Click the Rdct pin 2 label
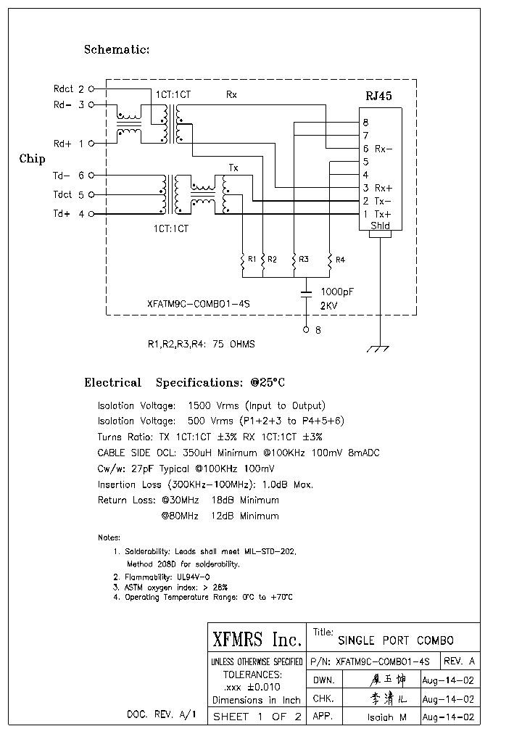(68, 89)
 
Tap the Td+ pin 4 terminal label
(68, 214)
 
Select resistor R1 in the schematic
(243, 260)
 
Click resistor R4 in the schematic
(330, 260)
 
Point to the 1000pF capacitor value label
(336, 292)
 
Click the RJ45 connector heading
(378, 96)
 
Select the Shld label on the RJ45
(380, 226)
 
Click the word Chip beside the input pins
(32, 159)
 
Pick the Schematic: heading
(117, 49)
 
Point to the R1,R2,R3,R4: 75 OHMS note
(201, 345)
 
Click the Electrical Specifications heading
(184, 382)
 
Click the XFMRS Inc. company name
(257, 639)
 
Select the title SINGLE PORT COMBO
(396, 640)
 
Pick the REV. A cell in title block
(459, 661)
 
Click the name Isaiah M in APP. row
(387, 717)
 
